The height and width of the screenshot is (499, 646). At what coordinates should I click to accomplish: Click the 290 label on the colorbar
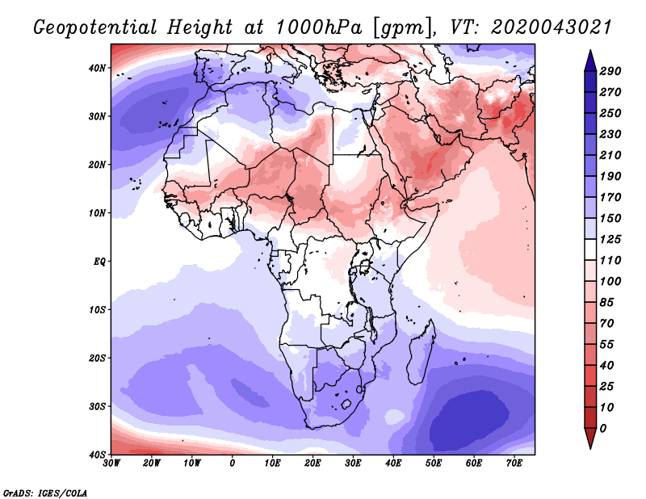pos(610,71)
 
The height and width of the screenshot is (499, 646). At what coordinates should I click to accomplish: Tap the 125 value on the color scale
pos(610,241)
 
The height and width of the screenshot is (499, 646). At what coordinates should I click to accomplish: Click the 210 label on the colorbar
pos(610,156)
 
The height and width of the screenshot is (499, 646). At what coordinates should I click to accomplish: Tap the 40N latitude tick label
pos(98,68)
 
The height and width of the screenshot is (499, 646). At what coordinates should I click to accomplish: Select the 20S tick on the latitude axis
pos(98,358)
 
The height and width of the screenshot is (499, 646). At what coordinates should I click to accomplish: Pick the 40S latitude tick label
pos(98,455)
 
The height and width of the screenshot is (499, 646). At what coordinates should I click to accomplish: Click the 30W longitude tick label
pos(112,463)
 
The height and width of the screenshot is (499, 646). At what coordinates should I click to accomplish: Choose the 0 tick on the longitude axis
pos(233,463)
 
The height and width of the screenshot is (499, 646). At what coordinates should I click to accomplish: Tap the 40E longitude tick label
pos(393,463)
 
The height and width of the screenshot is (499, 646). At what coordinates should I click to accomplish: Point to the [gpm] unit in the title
pos(401,27)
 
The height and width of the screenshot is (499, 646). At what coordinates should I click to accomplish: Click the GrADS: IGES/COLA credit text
pos(45,492)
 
